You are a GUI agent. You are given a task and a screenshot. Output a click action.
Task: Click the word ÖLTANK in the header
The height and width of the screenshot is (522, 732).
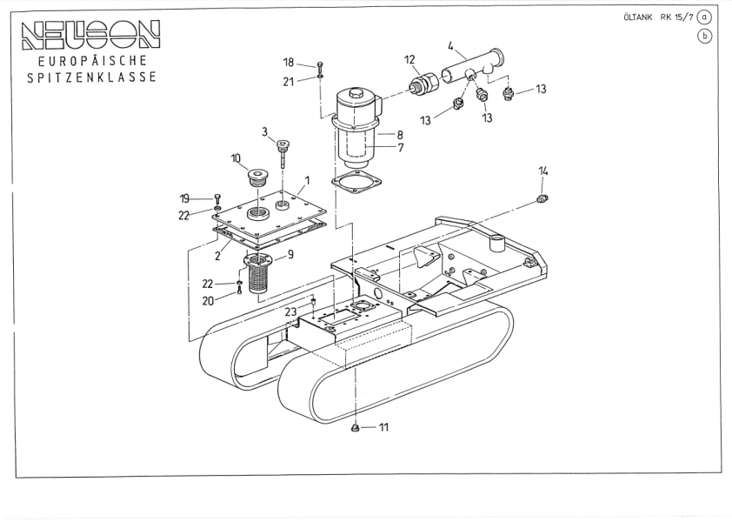[x=639, y=16]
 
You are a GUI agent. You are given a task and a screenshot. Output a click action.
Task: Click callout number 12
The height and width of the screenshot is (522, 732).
[x=409, y=59]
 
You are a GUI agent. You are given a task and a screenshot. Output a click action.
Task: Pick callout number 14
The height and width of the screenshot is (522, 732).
[x=543, y=171]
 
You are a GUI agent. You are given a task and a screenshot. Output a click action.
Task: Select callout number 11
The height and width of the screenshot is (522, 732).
[x=383, y=427]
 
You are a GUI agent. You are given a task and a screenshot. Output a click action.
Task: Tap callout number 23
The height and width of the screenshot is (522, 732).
[x=290, y=311]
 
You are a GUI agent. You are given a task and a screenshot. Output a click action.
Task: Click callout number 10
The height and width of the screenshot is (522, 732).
[x=236, y=158]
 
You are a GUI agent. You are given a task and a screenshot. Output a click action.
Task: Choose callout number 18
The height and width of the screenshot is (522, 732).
[x=289, y=62]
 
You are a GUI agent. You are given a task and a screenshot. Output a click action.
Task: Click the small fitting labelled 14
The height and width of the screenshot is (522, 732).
[x=541, y=201]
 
